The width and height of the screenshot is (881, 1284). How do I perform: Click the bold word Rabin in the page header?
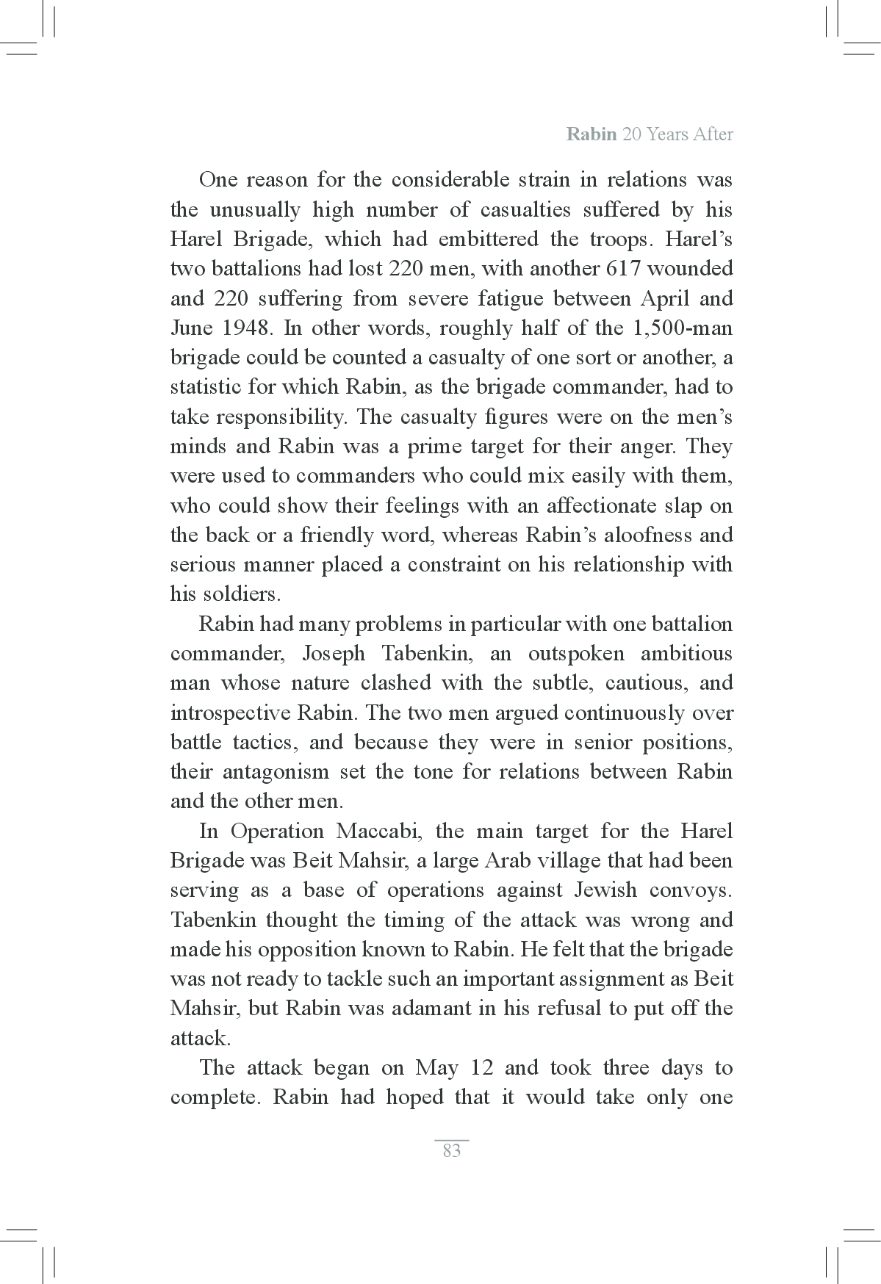pyautogui.click(x=591, y=135)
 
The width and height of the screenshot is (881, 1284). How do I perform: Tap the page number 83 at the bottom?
pyautogui.click(x=452, y=1151)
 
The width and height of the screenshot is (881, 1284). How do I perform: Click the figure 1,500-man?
pyautogui.click(x=683, y=328)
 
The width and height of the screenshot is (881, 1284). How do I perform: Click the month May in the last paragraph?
pyautogui.click(x=437, y=1068)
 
